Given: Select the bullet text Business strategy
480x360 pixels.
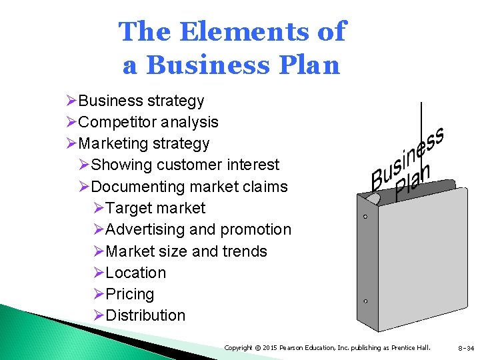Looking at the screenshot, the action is [141, 101].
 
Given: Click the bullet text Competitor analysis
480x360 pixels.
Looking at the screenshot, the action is [148, 123].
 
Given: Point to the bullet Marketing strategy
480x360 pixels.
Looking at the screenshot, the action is [144, 144].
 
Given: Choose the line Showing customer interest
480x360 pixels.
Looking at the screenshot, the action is [185, 165].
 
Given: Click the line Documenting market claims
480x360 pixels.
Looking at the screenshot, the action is [189, 187].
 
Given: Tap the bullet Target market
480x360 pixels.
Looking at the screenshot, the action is [155, 208].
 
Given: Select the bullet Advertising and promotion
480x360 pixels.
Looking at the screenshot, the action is [198, 229].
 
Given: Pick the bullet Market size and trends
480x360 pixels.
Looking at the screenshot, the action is [186, 251].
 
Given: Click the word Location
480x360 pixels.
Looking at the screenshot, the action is [136, 273].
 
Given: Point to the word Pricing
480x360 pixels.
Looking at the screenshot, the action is [130, 294].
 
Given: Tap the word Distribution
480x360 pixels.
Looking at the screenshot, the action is [145, 315].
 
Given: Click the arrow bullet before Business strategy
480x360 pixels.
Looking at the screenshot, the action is [72, 101].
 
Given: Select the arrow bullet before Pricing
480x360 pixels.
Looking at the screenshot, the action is [99, 294].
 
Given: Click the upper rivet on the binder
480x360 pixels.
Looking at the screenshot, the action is [365, 217].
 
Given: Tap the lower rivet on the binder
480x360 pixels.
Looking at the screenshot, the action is [365, 301].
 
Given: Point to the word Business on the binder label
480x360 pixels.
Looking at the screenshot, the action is [407, 157].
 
